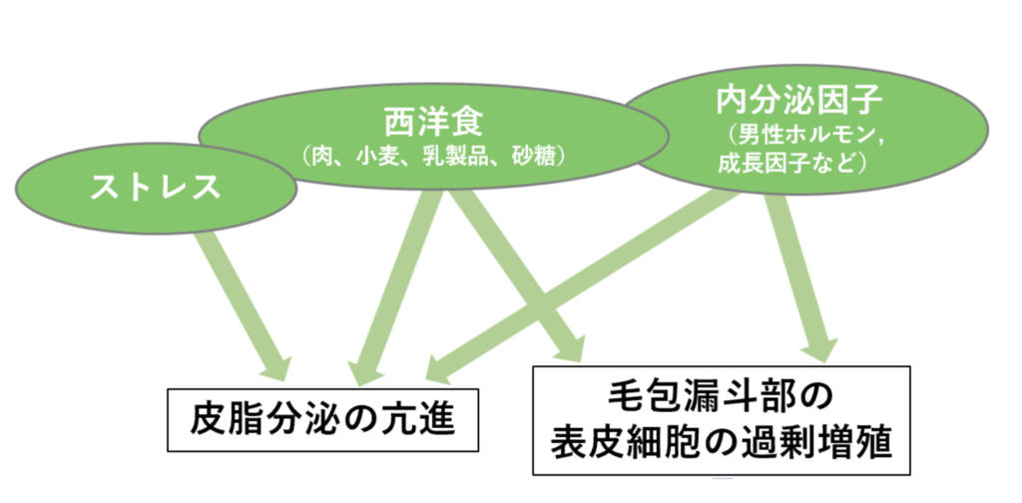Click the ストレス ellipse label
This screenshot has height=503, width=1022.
click(x=155, y=189)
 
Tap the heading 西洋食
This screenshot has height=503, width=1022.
click(x=433, y=123)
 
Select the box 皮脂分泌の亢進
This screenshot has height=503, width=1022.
click(x=323, y=419)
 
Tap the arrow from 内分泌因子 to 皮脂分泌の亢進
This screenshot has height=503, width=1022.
click(x=589, y=284)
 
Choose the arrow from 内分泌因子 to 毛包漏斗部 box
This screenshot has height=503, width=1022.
click(x=798, y=274)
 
